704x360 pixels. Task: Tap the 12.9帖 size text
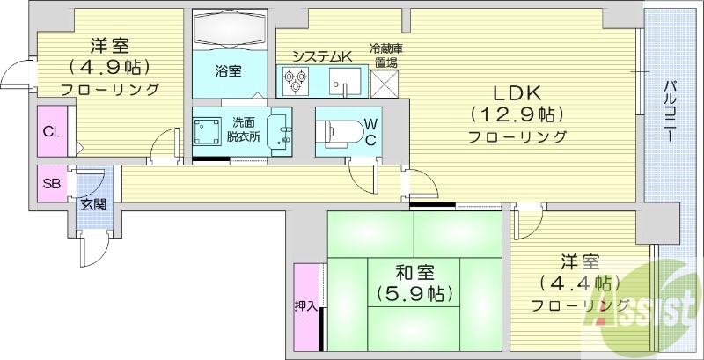(516, 114)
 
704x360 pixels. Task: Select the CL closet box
(51, 132)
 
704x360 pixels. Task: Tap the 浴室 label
(229, 70)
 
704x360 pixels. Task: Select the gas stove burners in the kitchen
(294, 81)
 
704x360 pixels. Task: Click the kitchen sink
(343, 81)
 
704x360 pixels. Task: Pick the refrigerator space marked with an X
(385, 82)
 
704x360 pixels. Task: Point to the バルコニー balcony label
(669, 111)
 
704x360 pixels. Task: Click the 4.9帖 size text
(110, 67)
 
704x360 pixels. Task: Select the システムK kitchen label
(321, 56)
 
